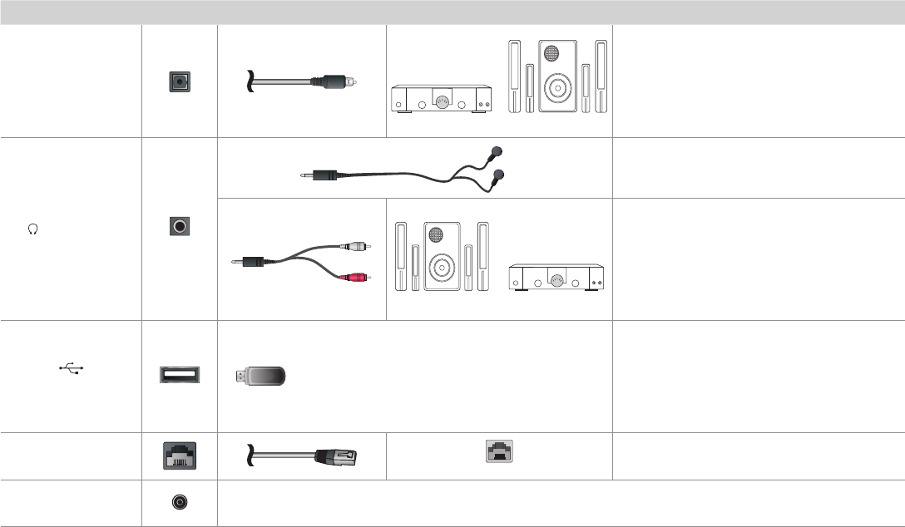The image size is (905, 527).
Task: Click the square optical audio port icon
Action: (180, 81)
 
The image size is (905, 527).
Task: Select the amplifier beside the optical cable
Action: (439, 100)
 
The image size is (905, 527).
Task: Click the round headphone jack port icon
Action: (180, 225)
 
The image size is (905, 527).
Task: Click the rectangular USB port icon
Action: (180, 375)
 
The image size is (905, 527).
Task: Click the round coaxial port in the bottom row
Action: (180, 503)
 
